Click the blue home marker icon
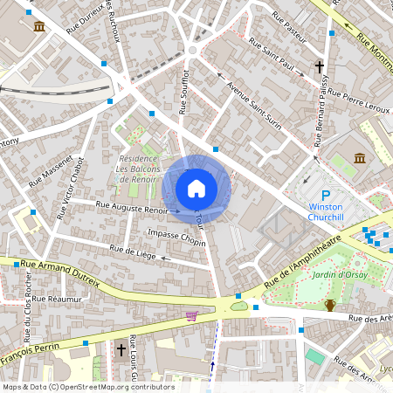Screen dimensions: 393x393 pyautogui.click(x=196, y=189)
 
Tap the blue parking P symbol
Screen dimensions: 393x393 pyautogui.click(x=326, y=196)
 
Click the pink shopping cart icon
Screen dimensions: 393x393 pyautogui.click(x=191, y=315)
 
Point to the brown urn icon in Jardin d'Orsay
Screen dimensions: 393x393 pyautogui.click(x=330, y=305)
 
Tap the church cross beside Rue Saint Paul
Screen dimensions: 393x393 pyautogui.click(x=320, y=66)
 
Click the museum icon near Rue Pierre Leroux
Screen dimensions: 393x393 pyautogui.click(x=360, y=157)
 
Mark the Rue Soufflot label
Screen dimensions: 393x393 pyautogui.click(x=184, y=92)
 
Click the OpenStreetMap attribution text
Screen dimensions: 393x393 pyautogui.click(x=87, y=387)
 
